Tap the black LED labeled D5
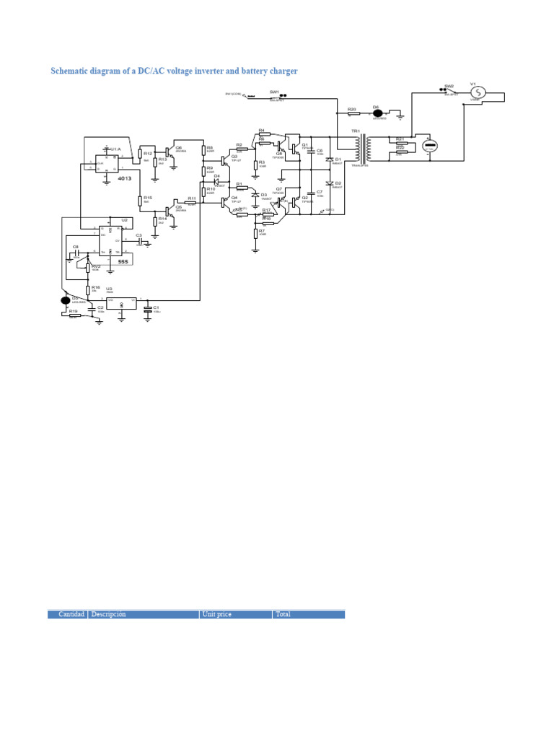tap(66, 299)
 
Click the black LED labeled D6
tap(377, 113)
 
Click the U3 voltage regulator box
tap(121, 304)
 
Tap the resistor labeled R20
tap(352, 113)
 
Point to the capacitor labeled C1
tap(148, 308)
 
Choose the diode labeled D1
tap(329, 159)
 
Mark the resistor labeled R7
tap(256, 233)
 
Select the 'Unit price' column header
tap(218, 614)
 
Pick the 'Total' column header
tap(283, 614)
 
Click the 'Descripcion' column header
tap(109, 614)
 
